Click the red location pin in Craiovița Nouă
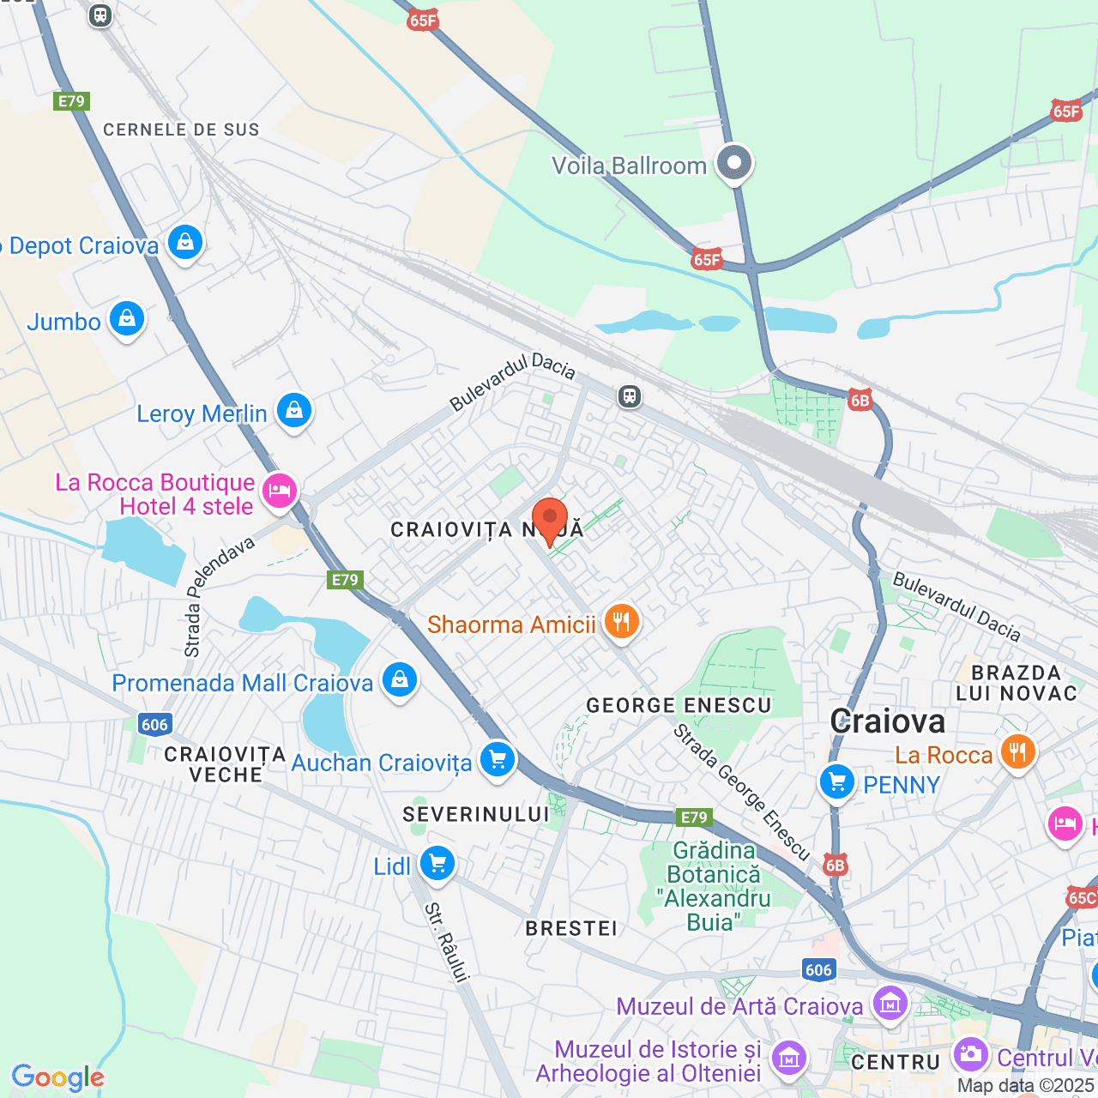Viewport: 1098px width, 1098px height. click(x=549, y=520)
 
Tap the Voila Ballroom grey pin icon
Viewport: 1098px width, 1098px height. click(x=734, y=163)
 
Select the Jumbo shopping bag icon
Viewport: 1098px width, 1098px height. click(x=127, y=319)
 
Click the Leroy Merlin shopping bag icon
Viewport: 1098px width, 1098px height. click(x=293, y=412)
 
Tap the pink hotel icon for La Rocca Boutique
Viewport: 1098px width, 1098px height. click(x=280, y=492)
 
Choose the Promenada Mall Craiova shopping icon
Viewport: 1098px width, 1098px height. click(x=399, y=680)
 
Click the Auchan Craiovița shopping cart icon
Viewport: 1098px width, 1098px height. click(x=497, y=760)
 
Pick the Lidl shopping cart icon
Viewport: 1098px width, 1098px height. click(x=437, y=864)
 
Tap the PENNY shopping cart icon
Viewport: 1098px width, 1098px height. click(x=837, y=782)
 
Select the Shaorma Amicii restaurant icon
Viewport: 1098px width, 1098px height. click(x=622, y=622)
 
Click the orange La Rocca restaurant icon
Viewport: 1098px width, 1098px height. click(x=1017, y=753)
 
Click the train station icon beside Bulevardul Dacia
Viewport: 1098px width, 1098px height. click(x=630, y=396)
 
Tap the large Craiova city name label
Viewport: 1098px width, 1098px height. click(x=888, y=721)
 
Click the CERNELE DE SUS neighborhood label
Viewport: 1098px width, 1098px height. click(x=181, y=130)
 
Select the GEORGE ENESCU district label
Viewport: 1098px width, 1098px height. click(x=679, y=705)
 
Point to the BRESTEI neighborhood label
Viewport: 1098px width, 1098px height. click(x=571, y=928)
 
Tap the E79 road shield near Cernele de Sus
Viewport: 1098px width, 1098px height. click(x=71, y=101)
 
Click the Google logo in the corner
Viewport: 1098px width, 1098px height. click(x=58, y=1077)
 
